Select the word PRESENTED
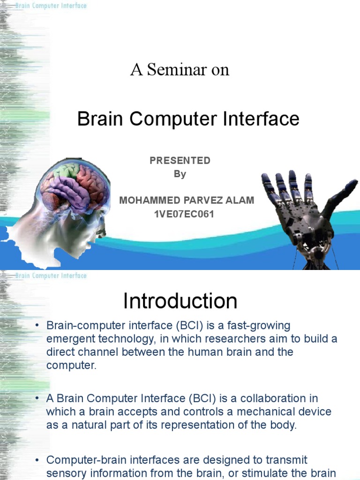pyautogui.click(x=180, y=160)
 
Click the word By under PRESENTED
pyautogui.click(x=180, y=174)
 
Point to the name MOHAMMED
pyautogui.click(x=147, y=200)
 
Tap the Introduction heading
pyautogui.click(x=180, y=301)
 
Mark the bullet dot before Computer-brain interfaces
pyautogui.click(x=36, y=460)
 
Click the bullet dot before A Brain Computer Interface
pyautogui.click(x=36, y=399)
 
